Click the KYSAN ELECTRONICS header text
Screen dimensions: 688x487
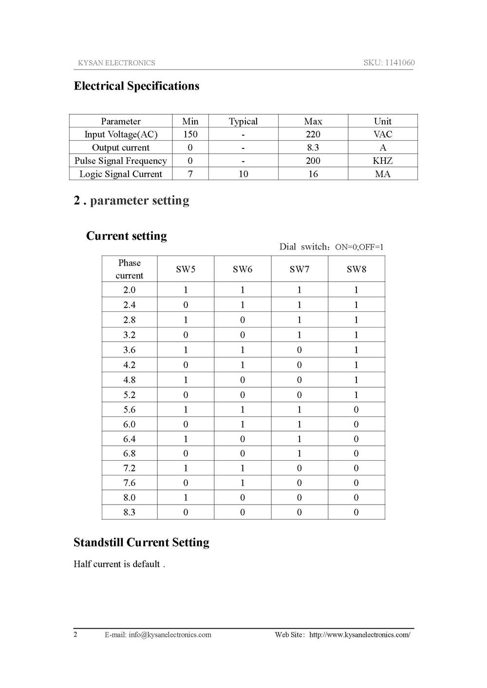pyautogui.click(x=116, y=63)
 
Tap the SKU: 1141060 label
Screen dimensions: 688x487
pyautogui.click(x=389, y=63)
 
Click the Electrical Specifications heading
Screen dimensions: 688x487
pyautogui.click(x=136, y=86)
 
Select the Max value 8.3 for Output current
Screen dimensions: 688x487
pyautogui.click(x=313, y=147)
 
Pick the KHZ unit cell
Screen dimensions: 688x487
pyautogui.click(x=382, y=161)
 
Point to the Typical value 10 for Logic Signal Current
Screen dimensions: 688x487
pyautogui.click(x=243, y=174)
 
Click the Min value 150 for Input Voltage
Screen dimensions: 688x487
pyautogui.click(x=190, y=134)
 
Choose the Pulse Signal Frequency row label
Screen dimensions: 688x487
pyautogui.click(x=120, y=161)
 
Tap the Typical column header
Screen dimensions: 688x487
pyautogui.click(x=243, y=121)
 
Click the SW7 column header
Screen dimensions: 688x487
pyautogui.click(x=299, y=269)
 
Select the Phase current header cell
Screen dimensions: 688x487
pyautogui.click(x=129, y=269)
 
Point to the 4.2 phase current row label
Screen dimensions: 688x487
pyautogui.click(x=129, y=365)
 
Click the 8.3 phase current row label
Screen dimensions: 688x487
pyautogui.click(x=129, y=512)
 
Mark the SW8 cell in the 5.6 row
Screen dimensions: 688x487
pyautogui.click(x=356, y=410)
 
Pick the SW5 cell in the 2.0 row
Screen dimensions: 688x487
pyautogui.click(x=186, y=290)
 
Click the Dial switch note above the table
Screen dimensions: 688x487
pyautogui.click(x=331, y=247)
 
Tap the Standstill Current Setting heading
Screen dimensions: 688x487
pyautogui.click(x=141, y=543)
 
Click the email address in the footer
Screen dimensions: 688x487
pyautogui.click(x=169, y=634)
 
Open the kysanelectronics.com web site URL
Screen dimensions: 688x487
pyautogui.click(x=359, y=634)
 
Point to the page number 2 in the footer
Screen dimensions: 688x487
pyautogui.click(x=75, y=634)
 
